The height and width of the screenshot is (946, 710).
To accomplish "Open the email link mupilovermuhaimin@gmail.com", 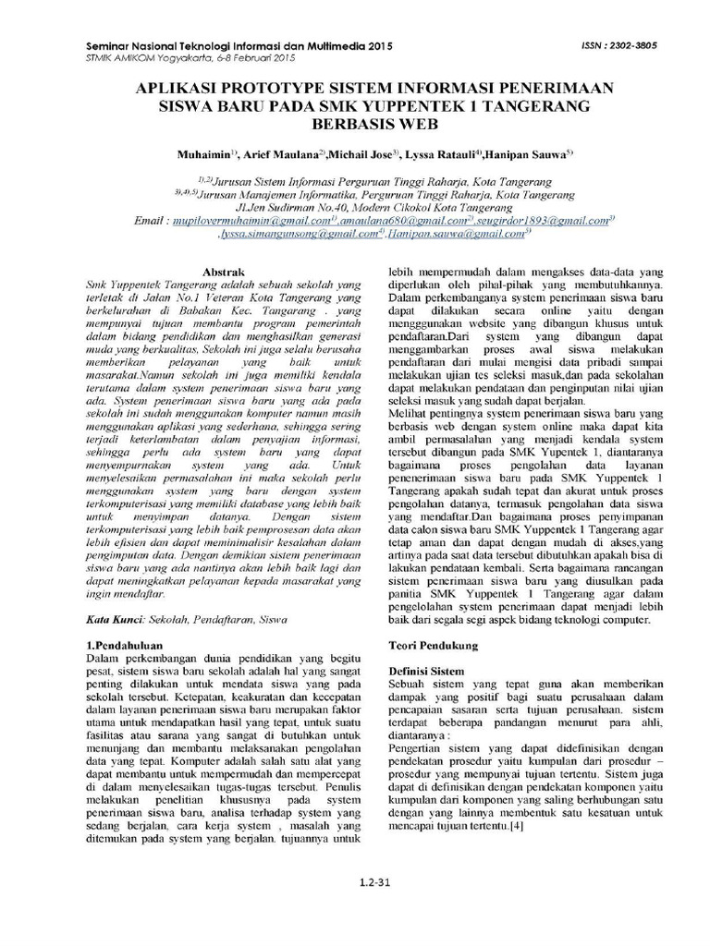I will tap(251, 222).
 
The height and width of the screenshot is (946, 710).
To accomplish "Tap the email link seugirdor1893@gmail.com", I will tap(539, 222).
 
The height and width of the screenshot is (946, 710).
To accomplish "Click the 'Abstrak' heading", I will tap(222, 274).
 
